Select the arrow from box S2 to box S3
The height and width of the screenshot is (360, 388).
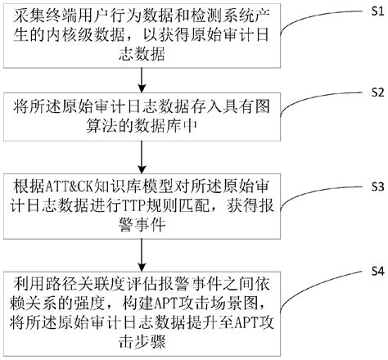click(x=144, y=158)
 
